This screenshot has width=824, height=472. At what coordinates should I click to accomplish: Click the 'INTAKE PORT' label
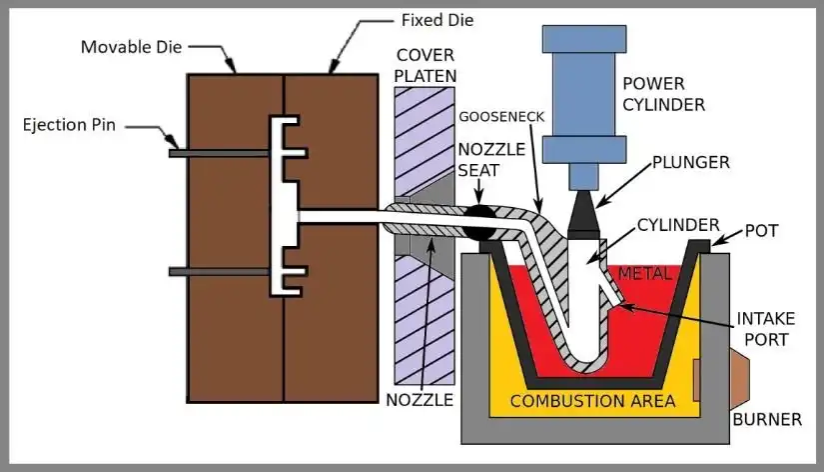pos(766,329)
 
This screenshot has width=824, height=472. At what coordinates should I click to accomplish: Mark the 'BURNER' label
pos(767,419)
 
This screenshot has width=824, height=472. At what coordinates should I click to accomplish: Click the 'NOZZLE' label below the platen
pos(419,400)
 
